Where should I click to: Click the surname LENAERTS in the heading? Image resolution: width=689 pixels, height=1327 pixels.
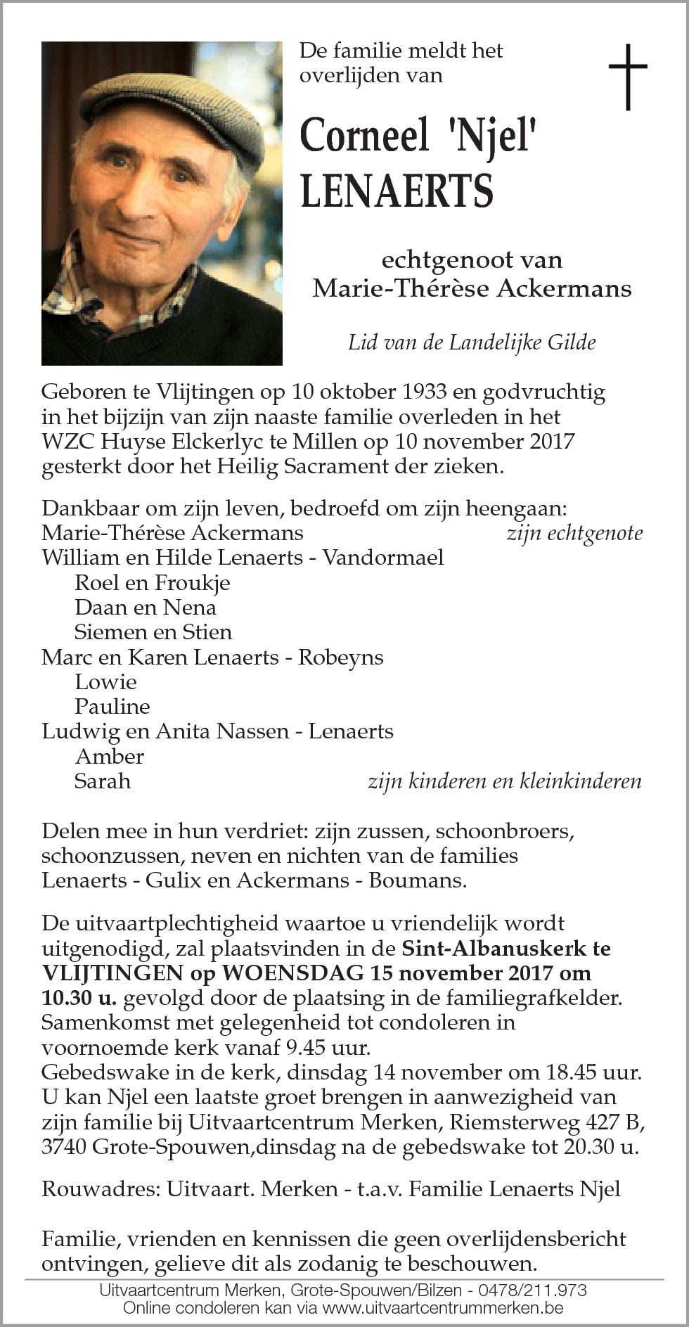[x=397, y=191]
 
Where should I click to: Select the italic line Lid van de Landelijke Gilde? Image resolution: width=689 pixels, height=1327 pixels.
[x=472, y=342]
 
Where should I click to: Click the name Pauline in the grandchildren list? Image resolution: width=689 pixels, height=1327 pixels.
[x=112, y=706]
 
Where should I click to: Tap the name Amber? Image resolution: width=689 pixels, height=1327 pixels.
[x=109, y=756]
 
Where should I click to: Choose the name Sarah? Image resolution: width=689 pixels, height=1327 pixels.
[x=103, y=781]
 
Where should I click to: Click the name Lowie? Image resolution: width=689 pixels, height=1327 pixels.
[x=105, y=681]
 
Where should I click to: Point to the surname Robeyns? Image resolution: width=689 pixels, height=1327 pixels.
[x=341, y=657]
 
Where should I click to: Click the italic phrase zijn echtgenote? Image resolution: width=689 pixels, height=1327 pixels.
[x=574, y=533]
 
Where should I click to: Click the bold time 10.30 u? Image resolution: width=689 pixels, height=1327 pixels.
[x=79, y=998]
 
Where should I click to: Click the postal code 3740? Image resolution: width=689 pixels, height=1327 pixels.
[x=64, y=1147]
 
